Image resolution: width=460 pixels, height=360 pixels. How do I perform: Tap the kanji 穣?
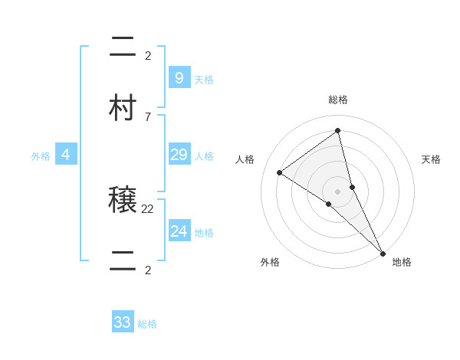click(123, 201)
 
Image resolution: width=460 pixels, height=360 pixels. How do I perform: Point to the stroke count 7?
click(147, 116)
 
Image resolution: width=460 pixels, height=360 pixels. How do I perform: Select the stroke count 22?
click(148, 208)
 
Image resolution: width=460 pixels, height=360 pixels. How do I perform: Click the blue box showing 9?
click(179, 77)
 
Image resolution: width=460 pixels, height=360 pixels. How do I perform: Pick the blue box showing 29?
click(179, 155)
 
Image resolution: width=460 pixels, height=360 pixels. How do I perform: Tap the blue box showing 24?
click(179, 231)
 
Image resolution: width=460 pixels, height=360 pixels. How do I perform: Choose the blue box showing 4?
click(66, 155)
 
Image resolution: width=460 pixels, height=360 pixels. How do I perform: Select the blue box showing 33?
click(123, 322)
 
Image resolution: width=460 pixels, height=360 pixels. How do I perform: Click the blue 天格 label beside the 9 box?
click(204, 79)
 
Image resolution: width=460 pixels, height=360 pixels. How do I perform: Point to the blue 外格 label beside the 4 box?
click(41, 156)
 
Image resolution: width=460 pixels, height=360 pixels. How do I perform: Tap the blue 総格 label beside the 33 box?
click(147, 324)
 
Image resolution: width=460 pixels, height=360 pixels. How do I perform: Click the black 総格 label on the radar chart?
click(338, 100)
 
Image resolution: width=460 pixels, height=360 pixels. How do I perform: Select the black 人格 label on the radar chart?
click(245, 159)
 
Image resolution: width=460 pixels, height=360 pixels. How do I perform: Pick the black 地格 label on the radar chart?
click(402, 262)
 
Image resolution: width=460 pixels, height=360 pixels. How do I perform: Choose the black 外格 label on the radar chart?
click(270, 262)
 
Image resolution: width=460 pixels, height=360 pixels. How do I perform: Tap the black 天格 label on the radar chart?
click(431, 159)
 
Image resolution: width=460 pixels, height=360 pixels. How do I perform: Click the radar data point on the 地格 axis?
click(383, 252)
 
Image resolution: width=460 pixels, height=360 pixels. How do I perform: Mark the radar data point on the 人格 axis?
click(280, 172)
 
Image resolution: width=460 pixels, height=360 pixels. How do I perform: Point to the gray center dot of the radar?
click(338, 191)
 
